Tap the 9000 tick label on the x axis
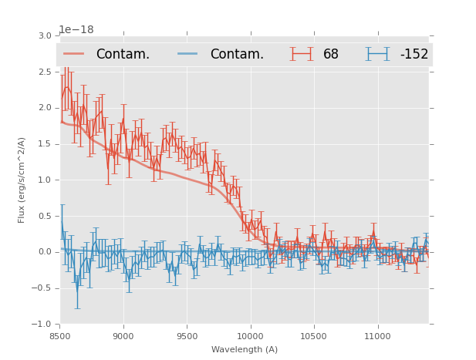pos(123,335)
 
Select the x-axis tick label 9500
pos(187,335)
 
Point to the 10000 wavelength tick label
pos(250,335)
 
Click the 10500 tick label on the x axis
pos(314,335)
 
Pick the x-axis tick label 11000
pos(377,335)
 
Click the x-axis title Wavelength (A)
pos(245,349)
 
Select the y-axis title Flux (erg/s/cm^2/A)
pos(22,180)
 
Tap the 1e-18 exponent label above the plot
pos(76,29)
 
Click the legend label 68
pos(330,54)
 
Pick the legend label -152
pos(414,54)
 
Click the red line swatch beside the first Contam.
pos(75,54)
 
